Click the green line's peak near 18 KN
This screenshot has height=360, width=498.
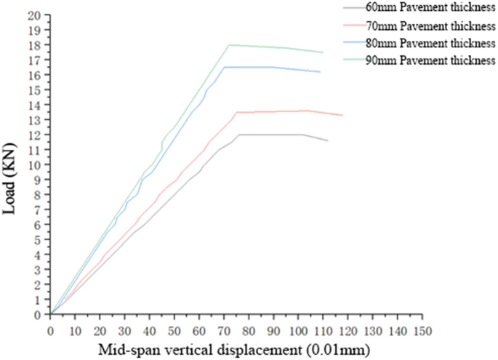pos(230,44)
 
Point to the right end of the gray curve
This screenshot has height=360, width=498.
pos(328,140)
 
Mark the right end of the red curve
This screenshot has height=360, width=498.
pos(342,115)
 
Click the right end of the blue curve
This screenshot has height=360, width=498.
pos(321,72)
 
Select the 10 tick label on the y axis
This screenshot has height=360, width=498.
pos(35,165)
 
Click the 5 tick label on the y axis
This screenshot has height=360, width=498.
pos(38,240)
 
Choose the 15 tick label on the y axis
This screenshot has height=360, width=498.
pos(35,90)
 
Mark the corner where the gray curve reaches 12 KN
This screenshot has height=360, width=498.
pos(238,135)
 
